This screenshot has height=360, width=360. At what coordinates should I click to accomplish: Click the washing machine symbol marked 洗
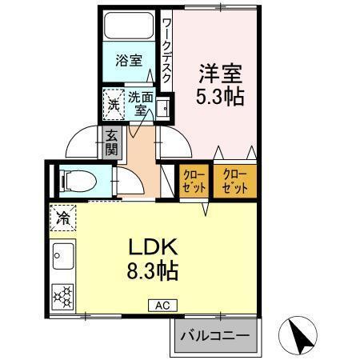coord(114,103)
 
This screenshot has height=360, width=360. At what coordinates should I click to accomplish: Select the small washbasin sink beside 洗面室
coord(164,106)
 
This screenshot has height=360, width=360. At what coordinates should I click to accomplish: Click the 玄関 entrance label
coord(111,142)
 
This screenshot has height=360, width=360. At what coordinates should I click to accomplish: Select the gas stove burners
coord(62,296)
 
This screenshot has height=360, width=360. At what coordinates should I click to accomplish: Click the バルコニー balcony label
coord(214,335)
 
